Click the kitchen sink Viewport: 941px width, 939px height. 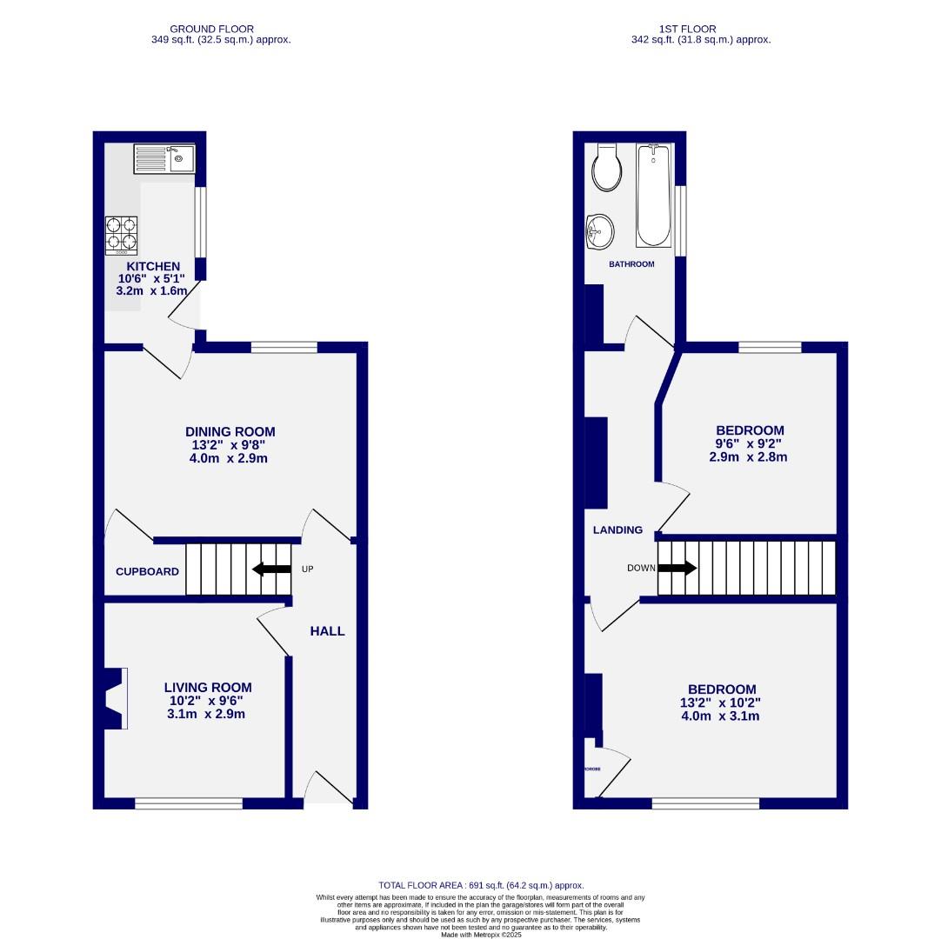(x=164, y=159)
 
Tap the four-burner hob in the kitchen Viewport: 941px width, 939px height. (x=122, y=234)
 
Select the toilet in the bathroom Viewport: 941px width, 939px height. (x=606, y=169)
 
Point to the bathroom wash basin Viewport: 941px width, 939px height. (x=599, y=231)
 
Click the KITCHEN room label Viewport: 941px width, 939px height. (x=153, y=266)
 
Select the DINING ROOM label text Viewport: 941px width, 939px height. (x=230, y=431)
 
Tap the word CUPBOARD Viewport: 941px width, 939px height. (x=147, y=572)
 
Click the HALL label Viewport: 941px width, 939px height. (x=328, y=631)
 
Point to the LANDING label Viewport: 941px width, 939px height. (x=617, y=529)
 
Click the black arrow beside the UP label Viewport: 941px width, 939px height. (x=271, y=569)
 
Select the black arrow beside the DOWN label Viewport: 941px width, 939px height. (x=677, y=569)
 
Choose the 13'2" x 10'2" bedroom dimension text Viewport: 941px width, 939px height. (x=722, y=703)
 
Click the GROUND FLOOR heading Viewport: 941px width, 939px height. (x=212, y=29)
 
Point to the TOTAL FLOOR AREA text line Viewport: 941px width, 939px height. (x=481, y=884)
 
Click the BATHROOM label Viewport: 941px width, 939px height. (x=631, y=264)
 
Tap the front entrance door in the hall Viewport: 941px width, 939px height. (x=329, y=788)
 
